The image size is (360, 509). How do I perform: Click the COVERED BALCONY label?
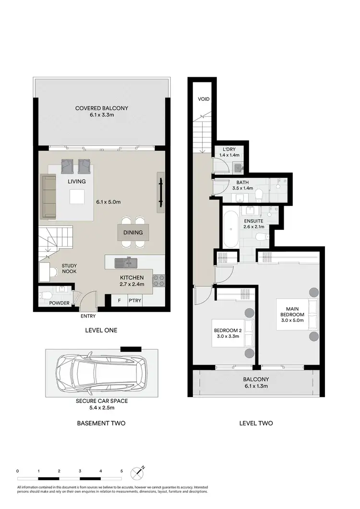pos(101,108)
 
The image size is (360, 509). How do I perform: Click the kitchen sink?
pos(127,262)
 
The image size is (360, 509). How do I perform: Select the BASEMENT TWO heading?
pos(101,423)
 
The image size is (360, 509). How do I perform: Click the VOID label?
pos(204,99)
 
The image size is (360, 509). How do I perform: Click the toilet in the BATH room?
pos(259,194)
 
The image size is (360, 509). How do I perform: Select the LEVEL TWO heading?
pos(256,423)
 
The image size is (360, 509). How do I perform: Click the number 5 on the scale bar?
pos(121,472)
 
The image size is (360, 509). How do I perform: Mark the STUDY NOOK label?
pos(69,268)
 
